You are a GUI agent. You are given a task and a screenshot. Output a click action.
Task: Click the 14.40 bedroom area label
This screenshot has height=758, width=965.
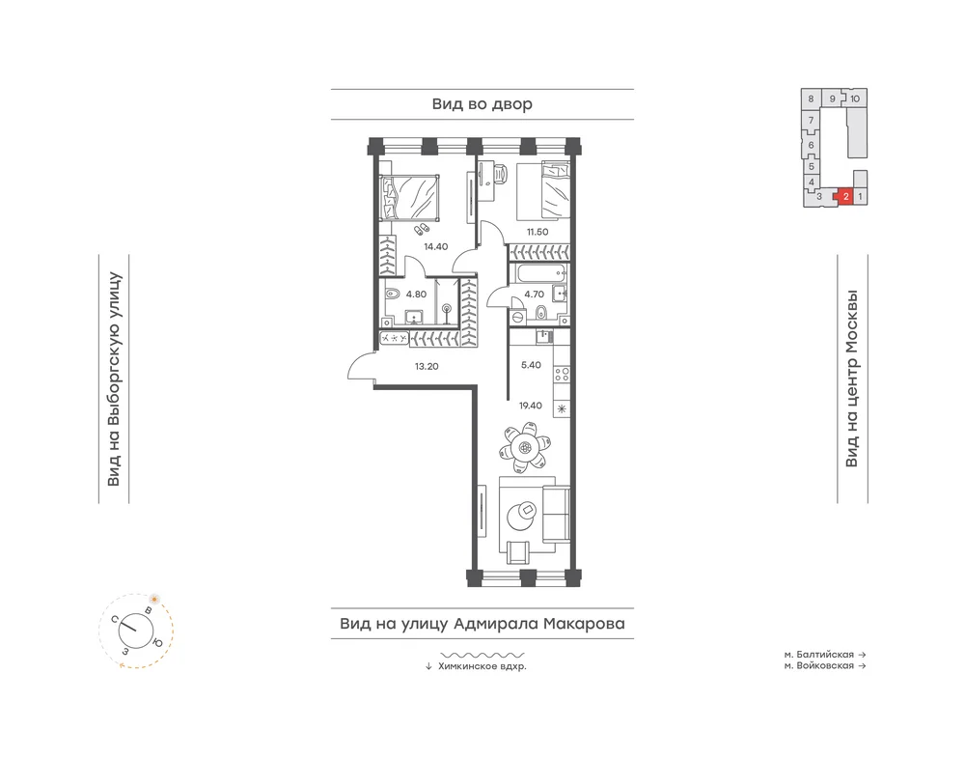click(436, 247)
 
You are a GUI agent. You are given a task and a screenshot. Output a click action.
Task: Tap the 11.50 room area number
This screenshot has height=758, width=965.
click(538, 232)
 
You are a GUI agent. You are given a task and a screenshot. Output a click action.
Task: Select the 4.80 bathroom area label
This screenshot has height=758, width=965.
click(416, 295)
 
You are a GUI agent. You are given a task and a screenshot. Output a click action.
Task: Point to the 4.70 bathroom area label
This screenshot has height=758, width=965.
click(535, 295)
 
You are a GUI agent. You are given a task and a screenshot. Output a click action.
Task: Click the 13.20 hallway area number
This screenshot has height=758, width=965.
click(427, 366)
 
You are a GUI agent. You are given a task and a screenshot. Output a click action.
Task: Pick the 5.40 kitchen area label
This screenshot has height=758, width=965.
click(531, 365)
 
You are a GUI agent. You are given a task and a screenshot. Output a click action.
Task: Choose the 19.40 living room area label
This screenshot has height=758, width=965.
click(531, 406)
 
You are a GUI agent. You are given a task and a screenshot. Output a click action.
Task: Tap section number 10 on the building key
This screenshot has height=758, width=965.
click(855, 98)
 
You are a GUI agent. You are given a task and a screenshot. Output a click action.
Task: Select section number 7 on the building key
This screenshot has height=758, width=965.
click(812, 120)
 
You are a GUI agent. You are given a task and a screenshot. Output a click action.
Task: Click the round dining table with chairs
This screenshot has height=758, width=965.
click(525, 448)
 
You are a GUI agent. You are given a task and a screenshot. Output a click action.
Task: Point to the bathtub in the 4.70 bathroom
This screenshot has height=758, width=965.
click(538, 272)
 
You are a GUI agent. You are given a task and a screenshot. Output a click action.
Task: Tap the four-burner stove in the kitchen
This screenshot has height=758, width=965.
click(562, 375)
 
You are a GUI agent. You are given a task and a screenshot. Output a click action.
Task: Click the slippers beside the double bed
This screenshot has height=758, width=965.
click(422, 230)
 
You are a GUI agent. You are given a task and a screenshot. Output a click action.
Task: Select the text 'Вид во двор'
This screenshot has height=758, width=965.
click(482, 104)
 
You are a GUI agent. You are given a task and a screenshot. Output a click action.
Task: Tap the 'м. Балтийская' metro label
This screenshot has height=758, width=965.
click(818, 655)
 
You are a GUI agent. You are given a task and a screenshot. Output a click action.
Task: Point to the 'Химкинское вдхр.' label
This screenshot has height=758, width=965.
click(482, 666)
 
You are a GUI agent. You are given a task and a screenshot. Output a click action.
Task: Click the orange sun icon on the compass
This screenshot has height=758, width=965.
click(154, 599)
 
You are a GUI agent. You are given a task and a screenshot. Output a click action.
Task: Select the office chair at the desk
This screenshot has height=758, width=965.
click(499, 174)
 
